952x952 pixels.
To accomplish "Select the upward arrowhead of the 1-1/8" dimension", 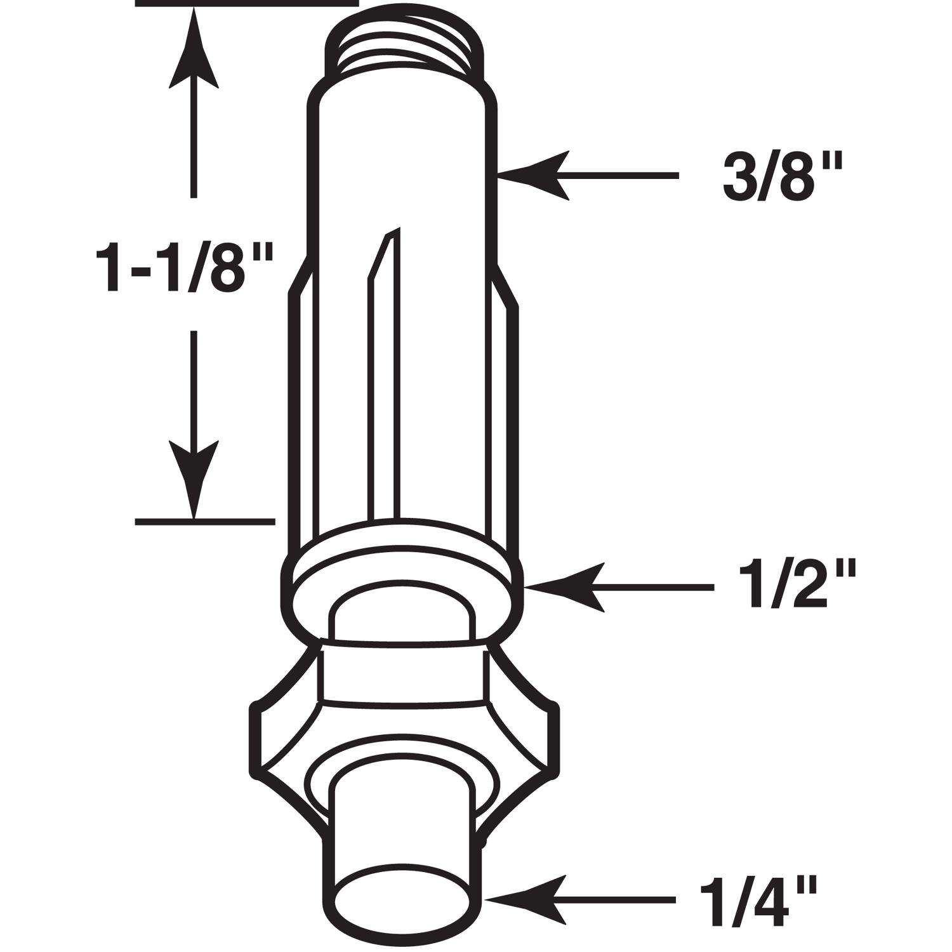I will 194,51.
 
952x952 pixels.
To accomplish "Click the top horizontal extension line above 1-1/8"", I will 248,3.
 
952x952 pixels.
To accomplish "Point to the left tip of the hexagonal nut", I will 257,739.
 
